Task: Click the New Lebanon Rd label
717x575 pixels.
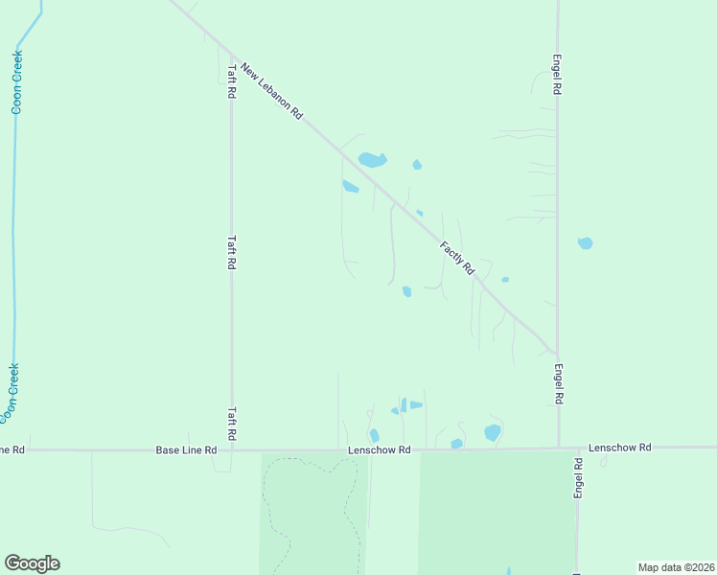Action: pyautogui.click(x=272, y=91)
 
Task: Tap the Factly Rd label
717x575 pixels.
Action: pyautogui.click(x=457, y=259)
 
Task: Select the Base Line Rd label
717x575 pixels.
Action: pyautogui.click(x=187, y=449)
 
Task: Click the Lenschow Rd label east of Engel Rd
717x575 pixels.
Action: pyautogui.click(x=619, y=448)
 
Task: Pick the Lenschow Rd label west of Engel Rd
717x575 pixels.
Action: pyautogui.click(x=379, y=449)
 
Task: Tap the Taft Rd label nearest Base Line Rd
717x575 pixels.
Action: pyautogui.click(x=232, y=422)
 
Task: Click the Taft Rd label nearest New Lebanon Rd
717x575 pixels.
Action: pyautogui.click(x=231, y=81)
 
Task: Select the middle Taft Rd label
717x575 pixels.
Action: pyautogui.click(x=231, y=253)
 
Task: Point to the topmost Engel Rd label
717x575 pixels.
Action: pyautogui.click(x=556, y=74)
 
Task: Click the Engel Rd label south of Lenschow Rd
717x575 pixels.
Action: pyautogui.click(x=579, y=476)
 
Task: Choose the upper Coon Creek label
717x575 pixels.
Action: pyautogui.click(x=16, y=82)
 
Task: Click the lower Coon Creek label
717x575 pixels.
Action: pyautogui.click(x=11, y=393)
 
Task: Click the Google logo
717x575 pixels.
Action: pyautogui.click(x=32, y=563)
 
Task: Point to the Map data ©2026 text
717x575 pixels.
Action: pyautogui.click(x=676, y=567)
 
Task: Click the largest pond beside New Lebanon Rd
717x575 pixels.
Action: pyautogui.click(x=372, y=160)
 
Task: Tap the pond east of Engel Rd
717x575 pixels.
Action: pyautogui.click(x=585, y=243)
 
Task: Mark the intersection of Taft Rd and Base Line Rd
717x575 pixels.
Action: pyautogui.click(x=232, y=449)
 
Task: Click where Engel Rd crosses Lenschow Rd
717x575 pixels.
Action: pyautogui.click(x=559, y=448)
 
